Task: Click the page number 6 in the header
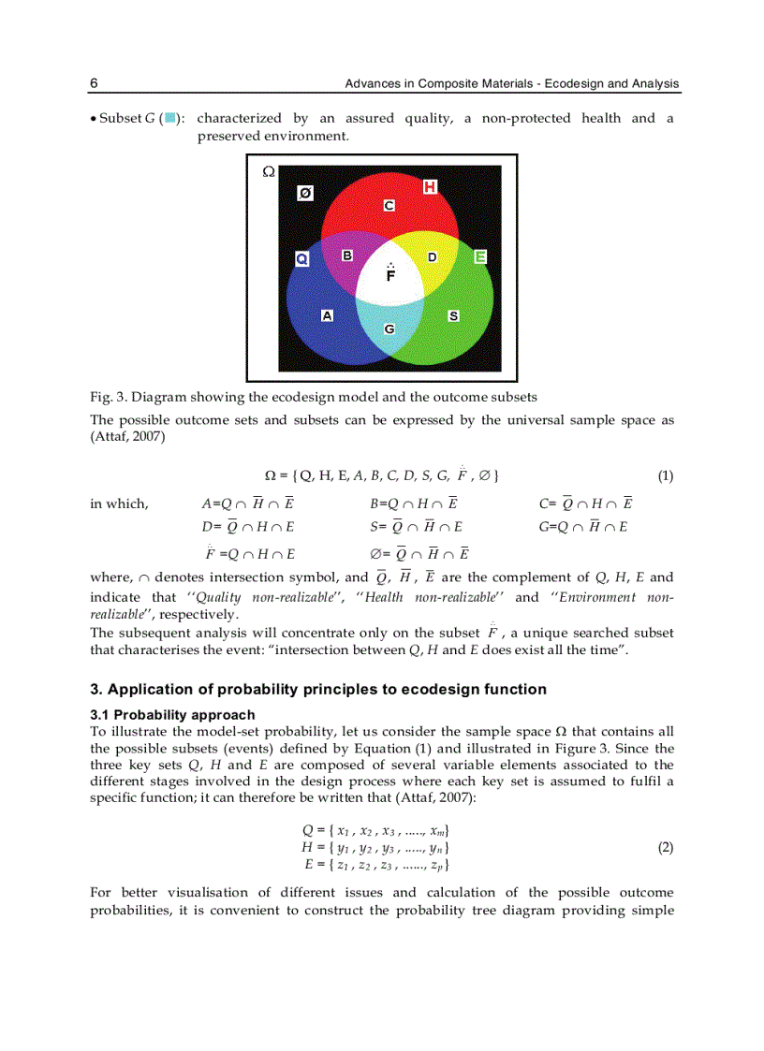tap(95, 83)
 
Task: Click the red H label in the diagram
tap(430, 187)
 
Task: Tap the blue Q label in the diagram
tap(302, 258)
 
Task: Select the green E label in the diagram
tap(480, 256)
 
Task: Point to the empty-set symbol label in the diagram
tap(305, 193)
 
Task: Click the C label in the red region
tap(389, 204)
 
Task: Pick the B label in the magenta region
tap(347, 255)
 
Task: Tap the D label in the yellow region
tap(432, 256)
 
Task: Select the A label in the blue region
tap(327, 315)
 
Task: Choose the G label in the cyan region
tap(389, 328)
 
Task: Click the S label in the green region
tap(453, 316)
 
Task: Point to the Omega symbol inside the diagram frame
tap(268, 171)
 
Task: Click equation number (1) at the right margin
tap(665, 475)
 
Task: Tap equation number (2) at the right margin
tap(665, 847)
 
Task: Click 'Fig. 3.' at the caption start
tap(106, 397)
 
